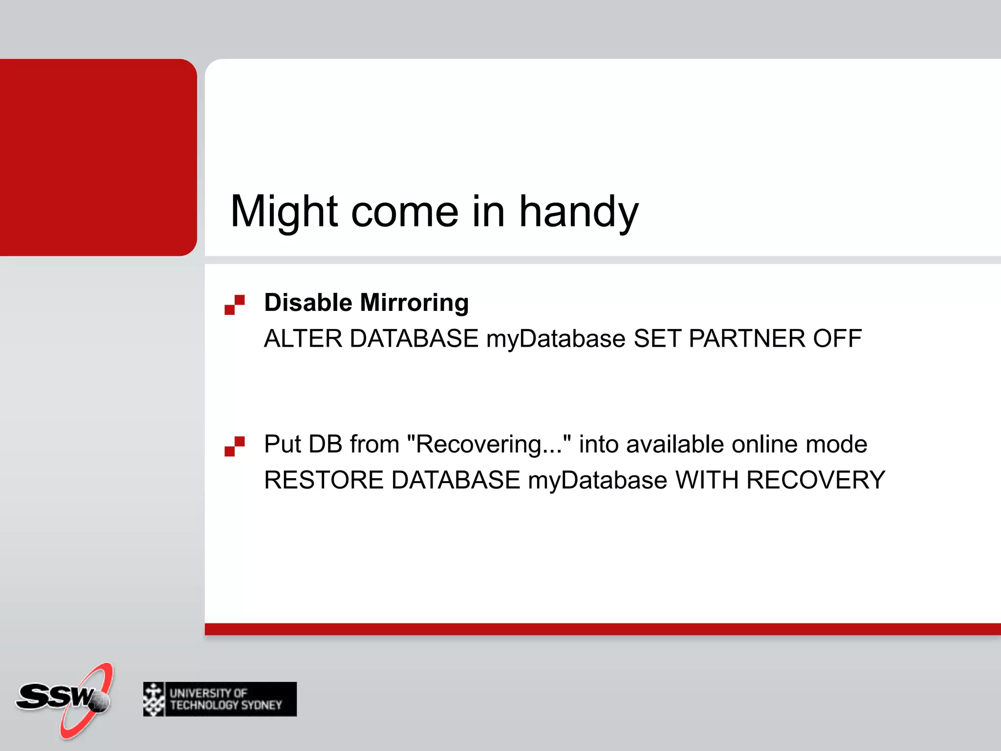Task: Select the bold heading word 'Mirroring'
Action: coord(414,302)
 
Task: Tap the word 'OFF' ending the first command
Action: coord(837,338)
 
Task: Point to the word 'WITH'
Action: coord(706,480)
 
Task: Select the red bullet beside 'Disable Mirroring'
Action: coord(235,305)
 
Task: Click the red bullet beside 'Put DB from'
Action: coord(235,446)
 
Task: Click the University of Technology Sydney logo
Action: coord(219,699)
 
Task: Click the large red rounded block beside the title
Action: coord(98,157)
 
